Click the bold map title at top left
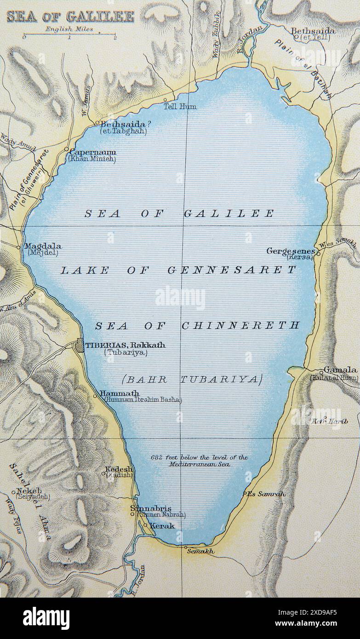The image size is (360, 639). [x=70, y=17]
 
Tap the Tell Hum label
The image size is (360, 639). [x=180, y=106]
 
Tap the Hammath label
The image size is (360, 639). [x=120, y=394]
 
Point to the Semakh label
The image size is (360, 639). [x=200, y=551]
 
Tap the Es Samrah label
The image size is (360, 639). [x=266, y=494]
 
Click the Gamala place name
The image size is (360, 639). [x=340, y=370]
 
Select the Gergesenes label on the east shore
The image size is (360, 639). [x=291, y=251]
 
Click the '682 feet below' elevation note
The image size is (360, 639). [x=199, y=457]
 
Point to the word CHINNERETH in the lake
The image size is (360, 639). [x=240, y=325]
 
